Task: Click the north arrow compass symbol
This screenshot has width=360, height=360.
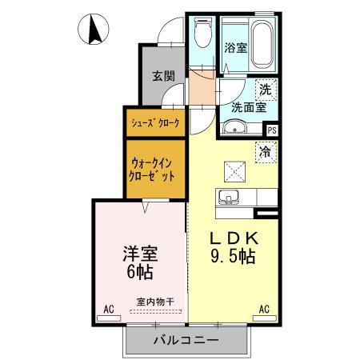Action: [94, 30]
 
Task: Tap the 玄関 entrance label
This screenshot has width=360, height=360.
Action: [163, 77]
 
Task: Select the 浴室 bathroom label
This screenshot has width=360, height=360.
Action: [235, 47]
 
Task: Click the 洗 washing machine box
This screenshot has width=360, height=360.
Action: [265, 90]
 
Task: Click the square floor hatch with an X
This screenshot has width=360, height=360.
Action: [234, 170]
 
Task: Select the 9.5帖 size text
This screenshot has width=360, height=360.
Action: [234, 258]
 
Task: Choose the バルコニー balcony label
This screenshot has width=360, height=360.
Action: [186, 339]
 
